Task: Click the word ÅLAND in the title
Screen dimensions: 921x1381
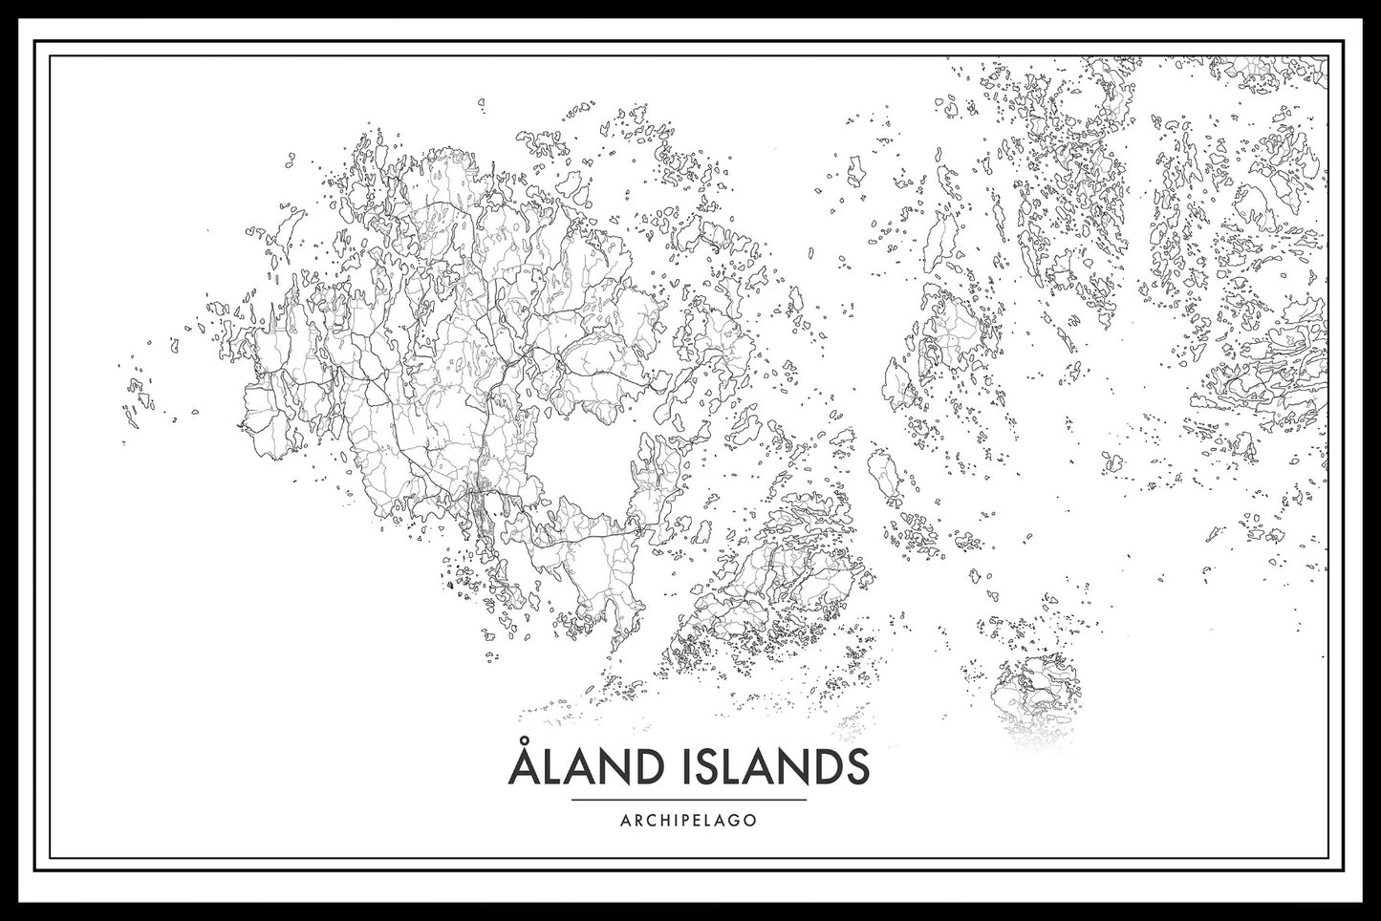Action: (581, 769)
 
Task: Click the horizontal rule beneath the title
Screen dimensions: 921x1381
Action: (688, 799)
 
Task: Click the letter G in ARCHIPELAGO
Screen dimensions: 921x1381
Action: (729, 820)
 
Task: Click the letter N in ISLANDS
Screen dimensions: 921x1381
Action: (789, 769)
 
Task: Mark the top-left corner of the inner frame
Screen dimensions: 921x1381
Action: (50, 54)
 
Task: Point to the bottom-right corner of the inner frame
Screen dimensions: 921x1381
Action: (1329, 857)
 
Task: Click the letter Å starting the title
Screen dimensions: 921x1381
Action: (522, 767)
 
